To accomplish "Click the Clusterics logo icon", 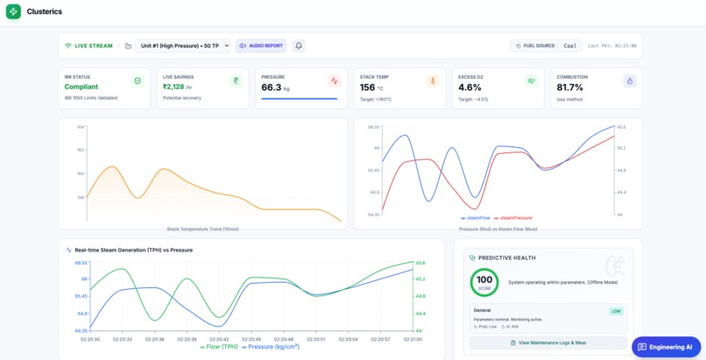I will tap(13, 11).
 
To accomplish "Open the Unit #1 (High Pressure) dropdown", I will tap(183, 46).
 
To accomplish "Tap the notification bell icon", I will tap(299, 46).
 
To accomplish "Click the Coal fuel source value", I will tap(570, 46).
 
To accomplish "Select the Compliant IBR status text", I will tap(81, 87).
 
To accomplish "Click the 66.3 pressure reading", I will tap(272, 87).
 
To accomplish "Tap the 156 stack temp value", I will tap(368, 87).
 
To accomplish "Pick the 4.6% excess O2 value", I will tap(469, 87).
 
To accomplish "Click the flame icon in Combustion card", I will tap(629, 81).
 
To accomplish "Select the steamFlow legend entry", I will tap(475, 218).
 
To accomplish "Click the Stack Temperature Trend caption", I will tap(202, 229).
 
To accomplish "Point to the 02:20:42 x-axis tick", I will tap(218, 339).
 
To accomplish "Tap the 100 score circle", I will tap(484, 282).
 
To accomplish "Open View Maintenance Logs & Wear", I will tap(548, 343).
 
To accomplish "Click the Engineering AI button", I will tap(666, 347).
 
